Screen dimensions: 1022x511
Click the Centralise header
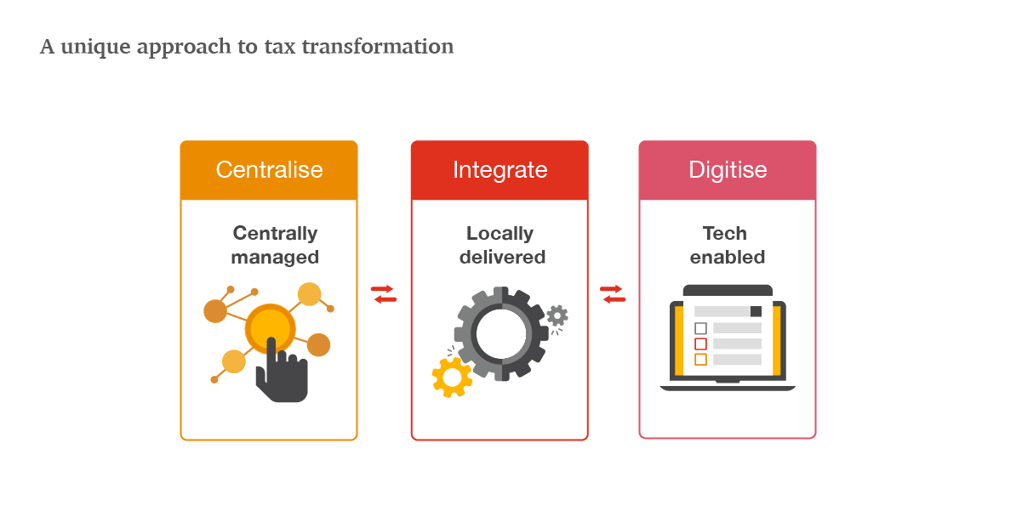(x=269, y=170)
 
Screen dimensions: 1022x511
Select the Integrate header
(x=500, y=171)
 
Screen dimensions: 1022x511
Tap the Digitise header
(x=728, y=171)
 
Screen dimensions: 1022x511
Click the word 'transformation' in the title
(x=378, y=47)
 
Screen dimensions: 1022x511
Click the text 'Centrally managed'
(x=275, y=245)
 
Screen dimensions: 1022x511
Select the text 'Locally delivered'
(x=502, y=245)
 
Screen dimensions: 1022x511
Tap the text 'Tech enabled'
(x=728, y=245)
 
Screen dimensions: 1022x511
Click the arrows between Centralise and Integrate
(x=384, y=294)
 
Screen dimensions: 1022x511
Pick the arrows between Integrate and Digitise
(x=613, y=294)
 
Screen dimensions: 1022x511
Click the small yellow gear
(x=452, y=378)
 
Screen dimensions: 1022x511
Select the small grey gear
(x=557, y=315)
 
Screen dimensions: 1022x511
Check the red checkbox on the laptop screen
(x=701, y=344)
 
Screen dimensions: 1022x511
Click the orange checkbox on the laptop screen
(x=701, y=359)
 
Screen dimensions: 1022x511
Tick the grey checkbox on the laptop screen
(x=701, y=328)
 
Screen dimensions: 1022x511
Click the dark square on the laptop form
(x=756, y=311)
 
